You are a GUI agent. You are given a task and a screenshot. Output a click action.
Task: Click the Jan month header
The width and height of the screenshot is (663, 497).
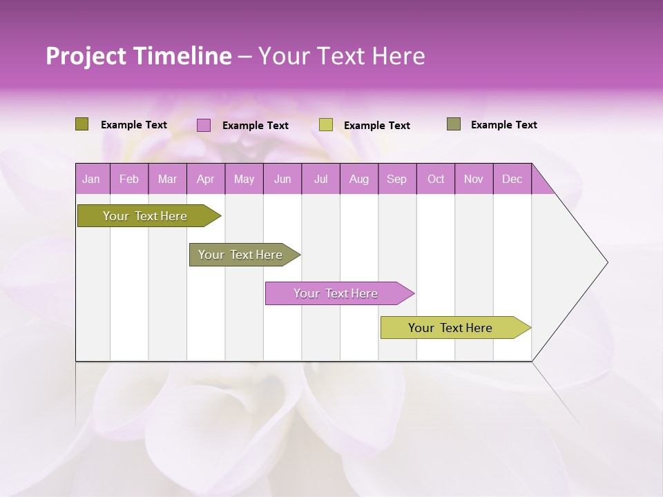click(x=91, y=179)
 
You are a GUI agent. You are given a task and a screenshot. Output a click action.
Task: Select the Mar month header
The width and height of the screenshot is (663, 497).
click(x=167, y=179)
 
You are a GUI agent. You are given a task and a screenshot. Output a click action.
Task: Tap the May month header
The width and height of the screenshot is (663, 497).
click(x=244, y=179)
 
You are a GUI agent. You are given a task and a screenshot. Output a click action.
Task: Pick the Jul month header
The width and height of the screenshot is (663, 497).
click(x=320, y=179)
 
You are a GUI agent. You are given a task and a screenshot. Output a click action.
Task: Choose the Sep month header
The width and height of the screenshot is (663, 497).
click(x=396, y=179)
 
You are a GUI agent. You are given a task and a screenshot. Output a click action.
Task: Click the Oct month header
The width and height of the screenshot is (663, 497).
click(x=436, y=179)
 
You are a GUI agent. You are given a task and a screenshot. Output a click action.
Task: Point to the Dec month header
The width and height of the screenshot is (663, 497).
click(x=512, y=179)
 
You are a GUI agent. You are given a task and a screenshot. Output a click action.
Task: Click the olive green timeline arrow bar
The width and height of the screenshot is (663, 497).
click(x=145, y=216)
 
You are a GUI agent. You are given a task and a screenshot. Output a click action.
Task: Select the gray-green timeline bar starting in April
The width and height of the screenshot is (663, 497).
click(x=240, y=255)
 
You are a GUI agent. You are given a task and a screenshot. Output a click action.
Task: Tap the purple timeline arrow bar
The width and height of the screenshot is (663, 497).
click(x=336, y=293)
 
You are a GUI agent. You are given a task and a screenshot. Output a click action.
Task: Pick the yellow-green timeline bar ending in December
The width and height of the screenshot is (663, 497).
click(x=450, y=328)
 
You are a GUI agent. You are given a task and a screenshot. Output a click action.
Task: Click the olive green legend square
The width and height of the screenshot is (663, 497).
click(x=81, y=124)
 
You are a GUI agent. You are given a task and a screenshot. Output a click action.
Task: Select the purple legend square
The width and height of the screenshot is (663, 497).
click(x=203, y=125)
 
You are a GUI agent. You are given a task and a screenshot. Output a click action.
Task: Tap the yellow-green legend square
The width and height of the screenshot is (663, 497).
click(x=326, y=125)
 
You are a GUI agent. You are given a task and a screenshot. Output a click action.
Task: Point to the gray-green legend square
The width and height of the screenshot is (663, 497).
click(x=454, y=124)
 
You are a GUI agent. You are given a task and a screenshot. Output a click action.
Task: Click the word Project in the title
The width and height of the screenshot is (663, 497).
click(x=86, y=56)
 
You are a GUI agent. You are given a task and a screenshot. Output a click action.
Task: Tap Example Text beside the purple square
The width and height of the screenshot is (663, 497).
click(x=256, y=126)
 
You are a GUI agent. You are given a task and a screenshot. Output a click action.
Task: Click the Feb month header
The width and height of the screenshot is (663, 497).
click(x=129, y=179)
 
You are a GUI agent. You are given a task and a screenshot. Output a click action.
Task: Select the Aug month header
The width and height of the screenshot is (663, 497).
click(x=358, y=179)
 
